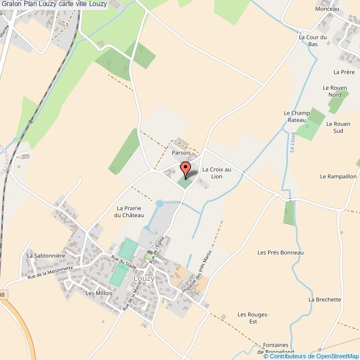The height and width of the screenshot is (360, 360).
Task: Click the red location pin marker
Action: tap(186, 168)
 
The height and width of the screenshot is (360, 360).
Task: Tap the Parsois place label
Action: tap(181, 152)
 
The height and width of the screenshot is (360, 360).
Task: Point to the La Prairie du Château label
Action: tap(129, 212)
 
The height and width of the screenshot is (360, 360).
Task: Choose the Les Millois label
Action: tap(100, 293)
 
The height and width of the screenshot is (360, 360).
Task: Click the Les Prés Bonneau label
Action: tap(281, 252)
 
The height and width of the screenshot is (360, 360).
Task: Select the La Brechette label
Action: tap(325, 300)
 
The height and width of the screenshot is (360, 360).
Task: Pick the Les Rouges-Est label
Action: tap(253, 318)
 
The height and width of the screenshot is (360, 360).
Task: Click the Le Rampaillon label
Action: tap(338, 176)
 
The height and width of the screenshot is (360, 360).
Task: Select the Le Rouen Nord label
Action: tap(335, 91)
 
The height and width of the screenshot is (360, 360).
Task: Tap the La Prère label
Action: tap(343, 72)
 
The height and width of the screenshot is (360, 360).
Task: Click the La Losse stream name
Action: tap(291, 141)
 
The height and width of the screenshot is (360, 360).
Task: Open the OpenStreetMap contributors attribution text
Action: tap(311, 356)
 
